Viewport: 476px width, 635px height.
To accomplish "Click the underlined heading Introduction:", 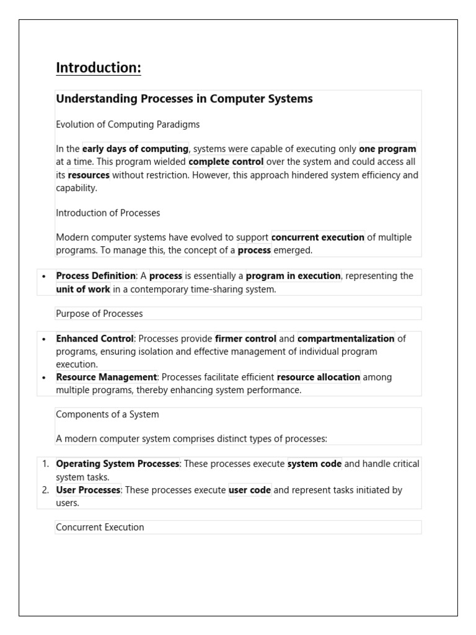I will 99,68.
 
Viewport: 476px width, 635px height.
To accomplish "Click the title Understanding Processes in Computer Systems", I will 184,99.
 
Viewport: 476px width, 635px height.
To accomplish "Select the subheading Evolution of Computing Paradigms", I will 128,125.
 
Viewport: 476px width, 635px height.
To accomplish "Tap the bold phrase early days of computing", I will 135,149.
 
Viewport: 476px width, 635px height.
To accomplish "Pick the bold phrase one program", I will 388,149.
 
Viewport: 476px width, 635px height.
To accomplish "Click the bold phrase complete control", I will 226,162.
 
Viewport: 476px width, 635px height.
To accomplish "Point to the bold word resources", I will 89,175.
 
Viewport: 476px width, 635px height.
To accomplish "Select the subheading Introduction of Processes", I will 108,213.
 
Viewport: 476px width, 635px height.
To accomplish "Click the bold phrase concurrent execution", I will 318,238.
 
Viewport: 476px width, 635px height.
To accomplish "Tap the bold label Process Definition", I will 95,276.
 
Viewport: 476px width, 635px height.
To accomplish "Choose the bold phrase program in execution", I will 293,276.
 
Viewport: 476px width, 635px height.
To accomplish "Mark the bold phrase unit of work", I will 83,289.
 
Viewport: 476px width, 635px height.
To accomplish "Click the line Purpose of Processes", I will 99,313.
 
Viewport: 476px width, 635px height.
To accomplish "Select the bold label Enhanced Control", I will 95,339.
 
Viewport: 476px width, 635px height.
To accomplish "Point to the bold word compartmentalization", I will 346,339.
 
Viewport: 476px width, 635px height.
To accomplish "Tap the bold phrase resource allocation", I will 319,377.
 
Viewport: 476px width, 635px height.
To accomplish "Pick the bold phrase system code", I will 314,464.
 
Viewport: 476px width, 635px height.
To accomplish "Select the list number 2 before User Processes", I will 45,490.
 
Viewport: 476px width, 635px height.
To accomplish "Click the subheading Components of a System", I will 107,414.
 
